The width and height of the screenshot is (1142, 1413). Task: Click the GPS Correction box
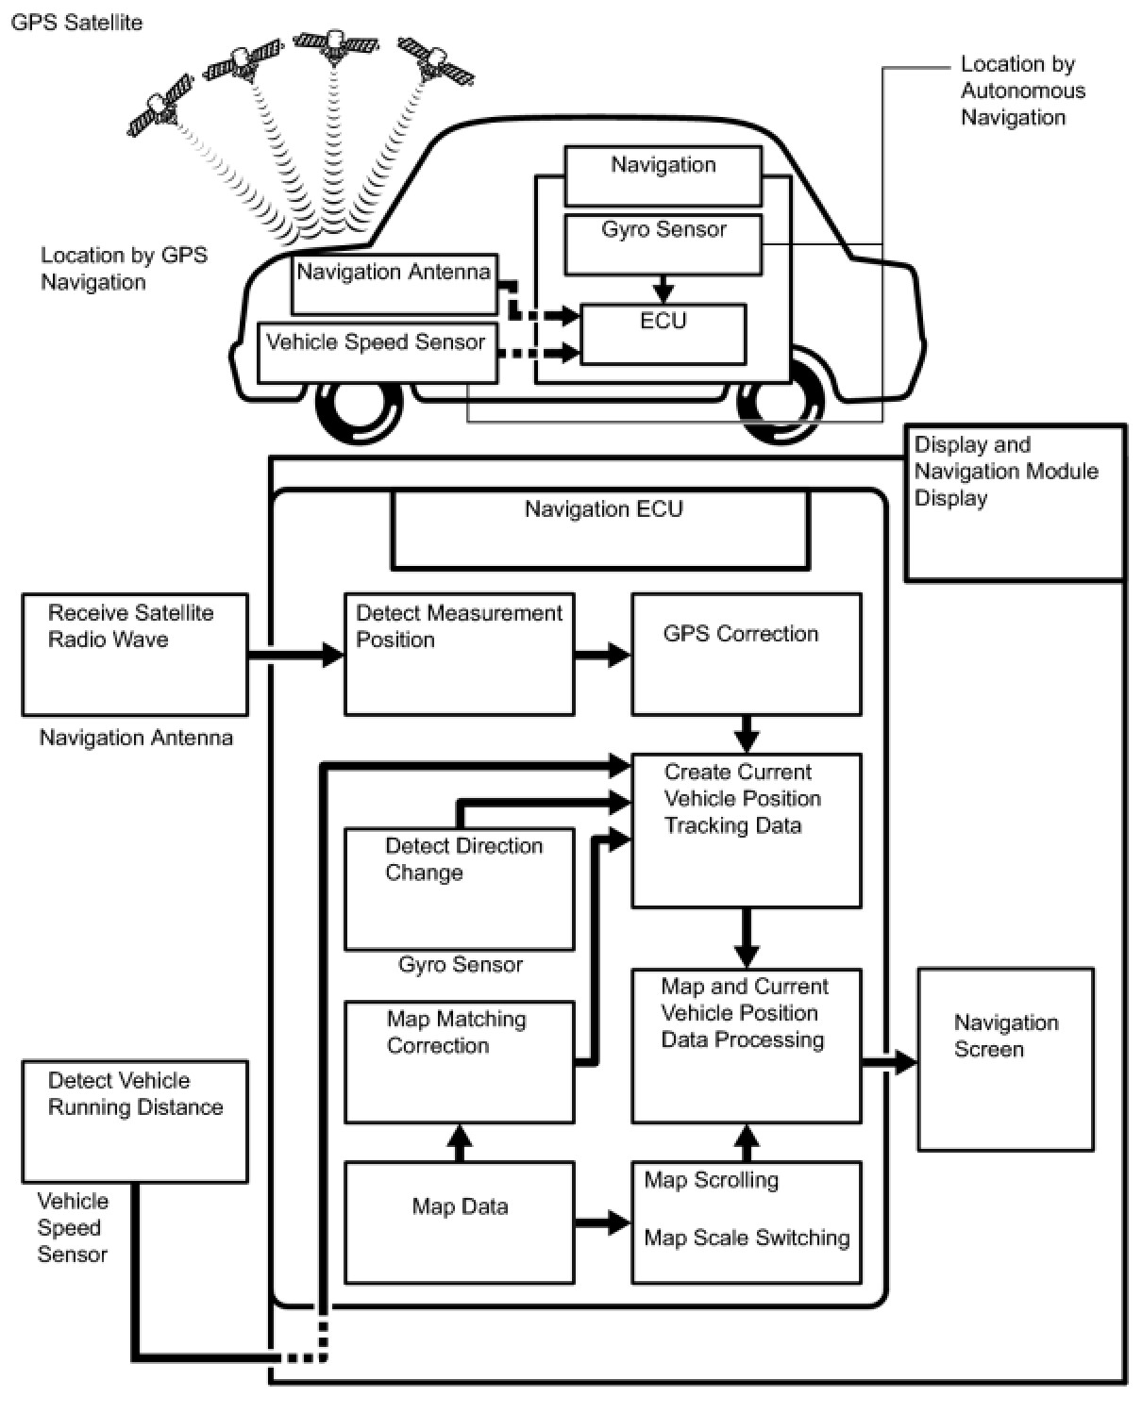[746, 654]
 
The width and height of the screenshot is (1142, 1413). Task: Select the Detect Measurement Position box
[459, 654]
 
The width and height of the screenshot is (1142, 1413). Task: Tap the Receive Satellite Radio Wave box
[135, 654]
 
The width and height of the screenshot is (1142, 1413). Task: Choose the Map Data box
[459, 1222]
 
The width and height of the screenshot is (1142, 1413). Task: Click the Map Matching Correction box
[459, 1062]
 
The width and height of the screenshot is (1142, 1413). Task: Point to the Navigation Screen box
[1005, 1058]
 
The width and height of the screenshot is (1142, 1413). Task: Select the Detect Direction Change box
[459, 889]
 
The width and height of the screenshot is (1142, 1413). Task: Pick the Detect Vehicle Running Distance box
[135, 1121]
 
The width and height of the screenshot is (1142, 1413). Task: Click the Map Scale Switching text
[747, 1238]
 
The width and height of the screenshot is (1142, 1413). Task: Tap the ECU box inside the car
[663, 333]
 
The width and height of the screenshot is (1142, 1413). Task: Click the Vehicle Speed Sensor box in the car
[377, 352]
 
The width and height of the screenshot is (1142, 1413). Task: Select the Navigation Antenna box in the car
[394, 284]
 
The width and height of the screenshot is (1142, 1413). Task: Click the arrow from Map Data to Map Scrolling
[602, 1223]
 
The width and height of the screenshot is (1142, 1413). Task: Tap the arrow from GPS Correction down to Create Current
[747, 734]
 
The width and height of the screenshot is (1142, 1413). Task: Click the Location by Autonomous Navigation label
[1022, 91]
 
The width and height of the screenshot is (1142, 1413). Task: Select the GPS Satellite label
[76, 22]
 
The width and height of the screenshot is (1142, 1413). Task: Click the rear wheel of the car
[781, 401]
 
